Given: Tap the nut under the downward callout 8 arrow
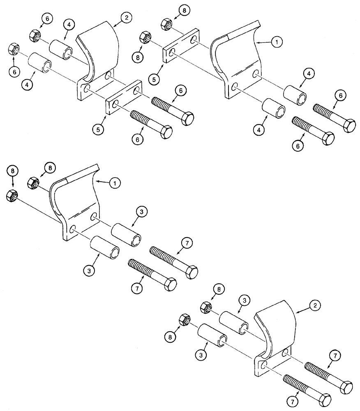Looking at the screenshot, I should click(12, 196).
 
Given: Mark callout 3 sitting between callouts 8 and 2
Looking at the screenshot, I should click(244, 301).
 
